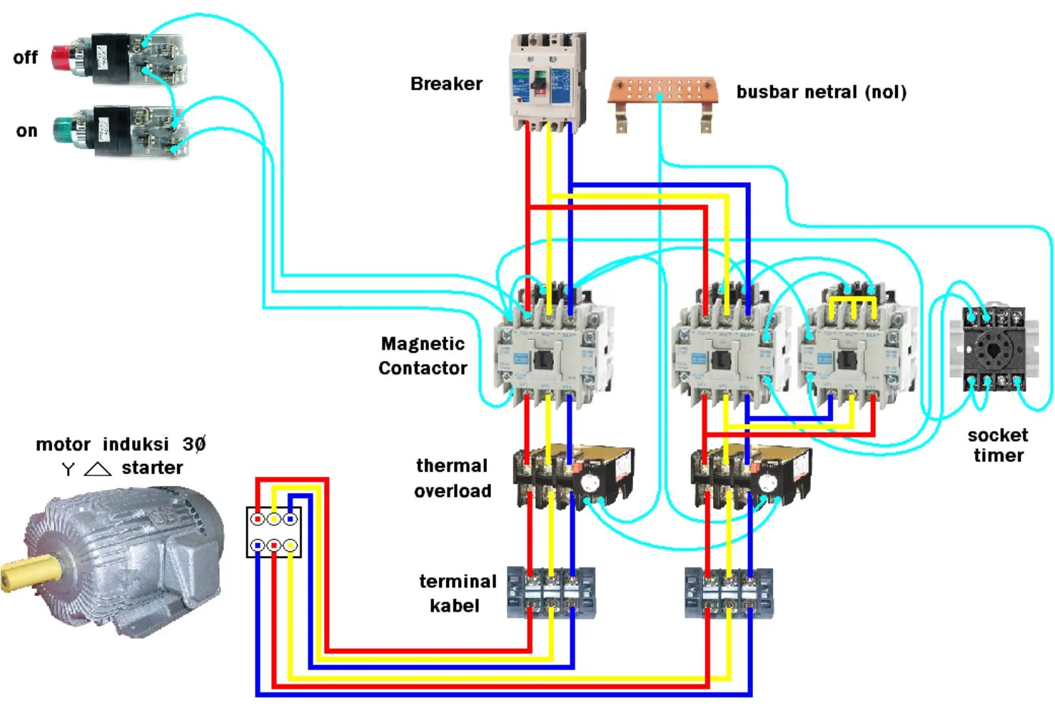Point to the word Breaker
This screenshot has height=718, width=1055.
click(x=446, y=84)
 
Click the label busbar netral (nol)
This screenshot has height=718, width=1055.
click(x=821, y=92)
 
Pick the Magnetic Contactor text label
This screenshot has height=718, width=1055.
click(x=423, y=355)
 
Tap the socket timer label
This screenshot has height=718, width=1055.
click(x=998, y=445)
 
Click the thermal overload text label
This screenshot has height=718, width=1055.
click(x=453, y=478)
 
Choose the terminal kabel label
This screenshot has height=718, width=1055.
click(x=457, y=593)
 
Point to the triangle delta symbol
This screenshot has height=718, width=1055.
click(x=98, y=469)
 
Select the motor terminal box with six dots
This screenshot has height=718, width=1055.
click(x=273, y=532)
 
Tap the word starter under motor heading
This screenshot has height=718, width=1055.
click(x=152, y=468)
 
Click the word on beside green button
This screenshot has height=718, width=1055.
click(x=26, y=131)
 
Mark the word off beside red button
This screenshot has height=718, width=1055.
click(x=25, y=58)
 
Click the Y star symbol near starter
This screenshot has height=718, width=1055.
click(x=68, y=469)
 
